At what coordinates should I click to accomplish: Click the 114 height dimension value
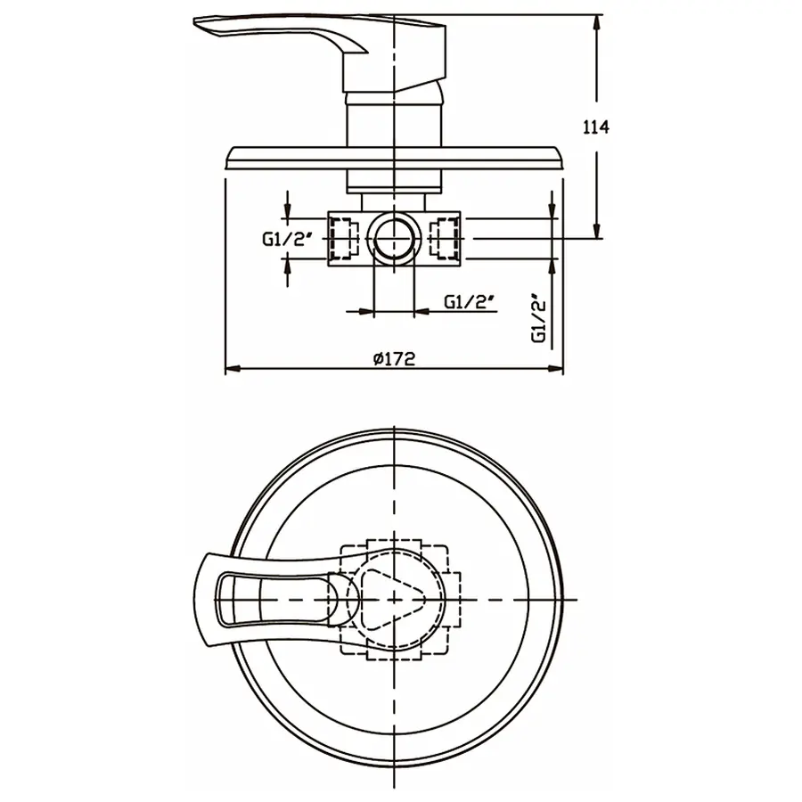coord(595,127)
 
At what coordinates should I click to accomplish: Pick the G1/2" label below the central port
coord(470,301)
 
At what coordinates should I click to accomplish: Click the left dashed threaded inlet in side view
coord(340,239)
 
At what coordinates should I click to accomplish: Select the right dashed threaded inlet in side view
coord(445,239)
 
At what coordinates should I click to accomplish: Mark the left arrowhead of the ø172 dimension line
coord(231,368)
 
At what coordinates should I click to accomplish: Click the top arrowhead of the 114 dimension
coord(596,20)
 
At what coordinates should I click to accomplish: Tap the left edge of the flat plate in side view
coord(230,159)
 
